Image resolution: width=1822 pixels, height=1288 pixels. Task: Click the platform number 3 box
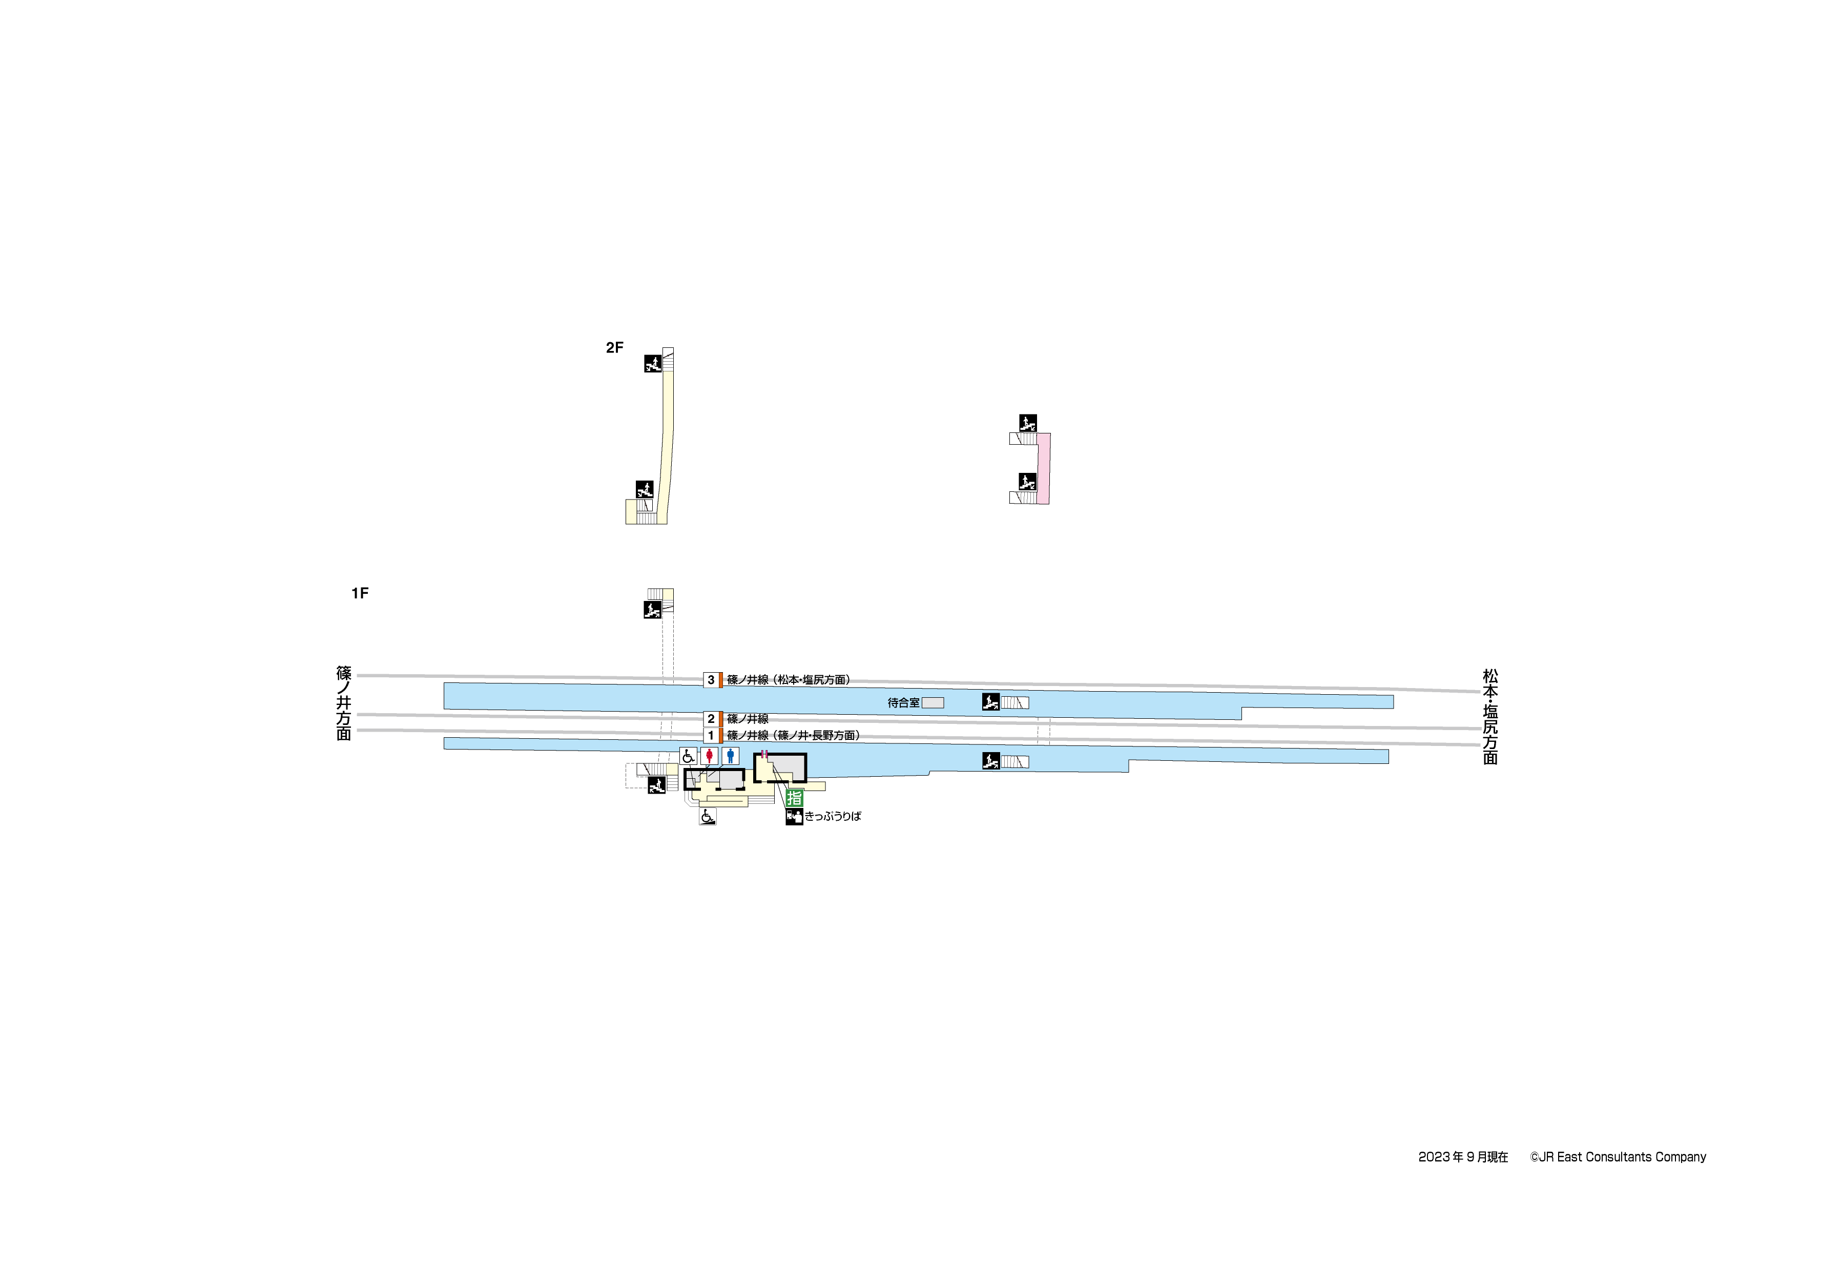click(x=711, y=680)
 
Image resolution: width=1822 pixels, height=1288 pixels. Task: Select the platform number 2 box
click(x=711, y=719)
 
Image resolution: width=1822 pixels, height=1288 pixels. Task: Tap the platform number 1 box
click(x=711, y=736)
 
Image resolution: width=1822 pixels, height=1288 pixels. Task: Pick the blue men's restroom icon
click(x=731, y=756)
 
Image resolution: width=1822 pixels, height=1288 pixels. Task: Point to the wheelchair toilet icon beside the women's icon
click(x=688, y=756)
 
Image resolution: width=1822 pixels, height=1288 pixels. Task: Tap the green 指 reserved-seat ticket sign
click(x=794, y=798)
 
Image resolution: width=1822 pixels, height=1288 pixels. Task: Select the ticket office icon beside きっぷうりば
click(x=794, y=817)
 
